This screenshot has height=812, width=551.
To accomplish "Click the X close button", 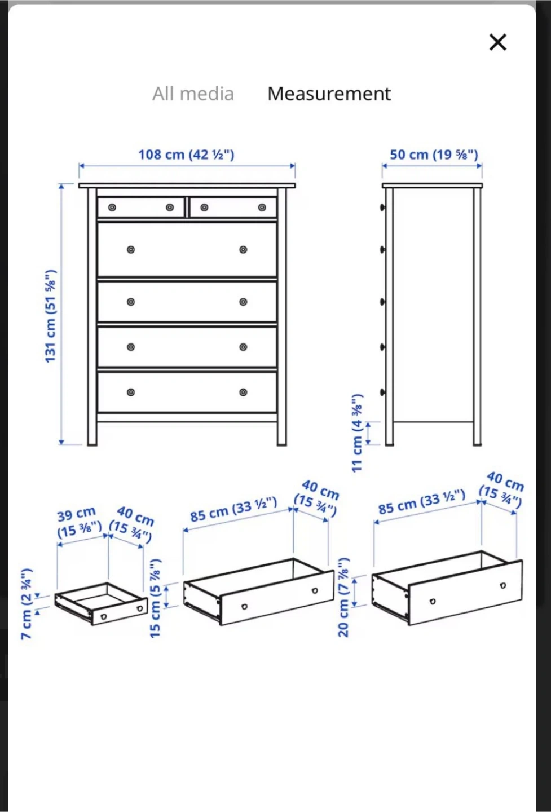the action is click(498, 42).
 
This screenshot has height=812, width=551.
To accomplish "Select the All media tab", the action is click(193, 94).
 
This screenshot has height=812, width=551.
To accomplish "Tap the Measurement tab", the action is click(329, 94).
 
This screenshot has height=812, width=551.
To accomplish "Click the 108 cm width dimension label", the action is click(186, 155).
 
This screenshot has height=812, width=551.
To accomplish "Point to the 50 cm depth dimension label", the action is click(434, 155).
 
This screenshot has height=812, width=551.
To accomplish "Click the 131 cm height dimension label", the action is click(50, 316).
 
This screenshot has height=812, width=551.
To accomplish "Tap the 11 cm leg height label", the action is click(357, 433).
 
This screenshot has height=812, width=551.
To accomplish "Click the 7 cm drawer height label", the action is click(27, 603).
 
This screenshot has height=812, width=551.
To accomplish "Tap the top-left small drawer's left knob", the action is click(112, 208).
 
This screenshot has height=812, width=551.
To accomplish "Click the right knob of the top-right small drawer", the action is click(262, 208).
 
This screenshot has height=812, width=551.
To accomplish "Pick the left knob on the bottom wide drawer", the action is click(131, 392).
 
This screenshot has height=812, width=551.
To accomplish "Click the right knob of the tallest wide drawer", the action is click(243, 249).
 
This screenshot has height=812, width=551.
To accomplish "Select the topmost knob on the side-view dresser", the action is click(382, 208).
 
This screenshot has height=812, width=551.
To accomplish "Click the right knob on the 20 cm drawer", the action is click(503, 585).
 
